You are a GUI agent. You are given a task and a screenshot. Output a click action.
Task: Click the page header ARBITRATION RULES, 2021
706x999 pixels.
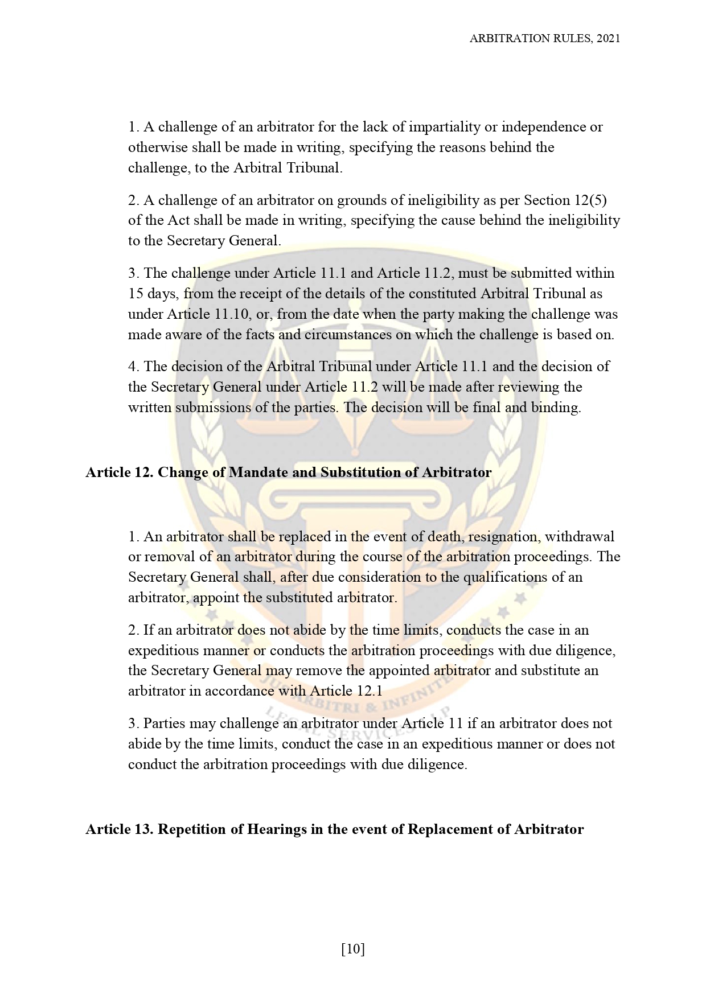pos(544,38)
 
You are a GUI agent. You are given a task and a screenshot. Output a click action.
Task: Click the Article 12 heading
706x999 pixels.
pos(288,472)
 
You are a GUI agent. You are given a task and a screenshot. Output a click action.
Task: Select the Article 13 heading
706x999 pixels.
pos(334,829)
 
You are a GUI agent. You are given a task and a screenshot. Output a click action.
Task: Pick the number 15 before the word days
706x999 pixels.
pos(136,294)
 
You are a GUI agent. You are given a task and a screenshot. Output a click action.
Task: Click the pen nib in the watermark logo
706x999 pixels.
pos(354,433)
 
